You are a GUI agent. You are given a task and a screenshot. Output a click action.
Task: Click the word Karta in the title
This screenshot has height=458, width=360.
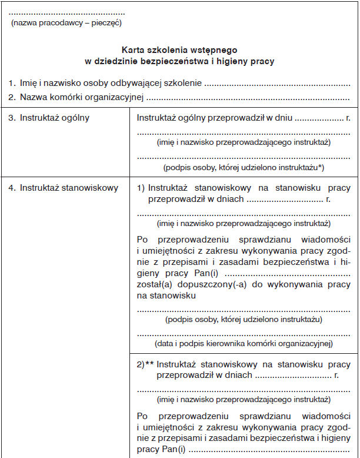134,51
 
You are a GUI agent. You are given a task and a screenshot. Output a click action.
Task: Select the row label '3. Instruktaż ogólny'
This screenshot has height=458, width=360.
49,118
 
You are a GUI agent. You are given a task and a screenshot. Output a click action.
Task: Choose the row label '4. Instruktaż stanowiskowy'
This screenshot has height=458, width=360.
63,188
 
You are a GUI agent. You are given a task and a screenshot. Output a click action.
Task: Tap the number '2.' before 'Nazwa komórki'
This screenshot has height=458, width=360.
12,97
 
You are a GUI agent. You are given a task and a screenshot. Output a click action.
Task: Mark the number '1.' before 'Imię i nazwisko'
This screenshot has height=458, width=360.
12,84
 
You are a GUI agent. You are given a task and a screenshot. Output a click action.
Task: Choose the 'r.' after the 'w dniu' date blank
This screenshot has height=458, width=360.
348,118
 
